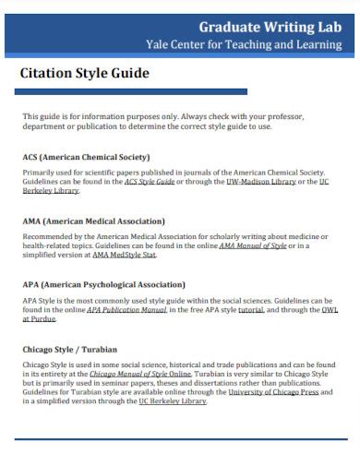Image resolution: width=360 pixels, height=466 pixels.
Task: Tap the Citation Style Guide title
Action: (84, 73)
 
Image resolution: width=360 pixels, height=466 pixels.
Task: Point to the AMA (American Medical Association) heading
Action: (93, 221)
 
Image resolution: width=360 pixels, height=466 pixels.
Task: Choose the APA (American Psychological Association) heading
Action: (103, 284)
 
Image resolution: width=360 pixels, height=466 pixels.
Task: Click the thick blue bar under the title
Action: (135, 91)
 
